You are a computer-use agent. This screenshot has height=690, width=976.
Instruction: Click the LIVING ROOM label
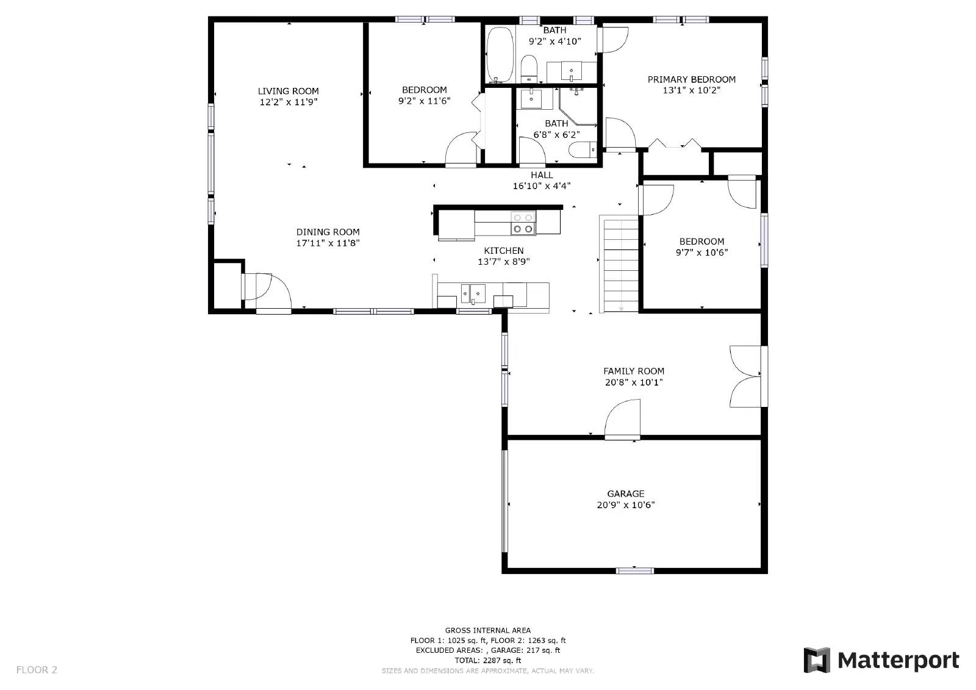point(288,91)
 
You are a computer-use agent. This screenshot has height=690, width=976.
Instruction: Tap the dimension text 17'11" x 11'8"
point(328,243)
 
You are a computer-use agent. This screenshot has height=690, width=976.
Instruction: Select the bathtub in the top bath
point(501,55)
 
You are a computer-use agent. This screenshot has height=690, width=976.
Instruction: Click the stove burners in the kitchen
point(523,223)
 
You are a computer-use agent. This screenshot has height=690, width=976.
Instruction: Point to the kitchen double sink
point(473,293)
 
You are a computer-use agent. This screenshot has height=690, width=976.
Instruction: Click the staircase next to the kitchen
point(620,264)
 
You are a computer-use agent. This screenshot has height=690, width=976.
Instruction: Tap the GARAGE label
point(625,494)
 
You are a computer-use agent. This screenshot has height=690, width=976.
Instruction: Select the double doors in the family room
point(745,376)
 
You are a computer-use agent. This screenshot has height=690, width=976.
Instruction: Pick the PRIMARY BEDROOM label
point(691,79)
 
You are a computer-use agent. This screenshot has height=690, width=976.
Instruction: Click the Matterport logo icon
point(816,660)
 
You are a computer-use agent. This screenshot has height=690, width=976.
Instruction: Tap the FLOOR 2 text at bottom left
point(37,670)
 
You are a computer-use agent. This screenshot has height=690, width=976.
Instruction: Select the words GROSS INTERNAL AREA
point(487,630)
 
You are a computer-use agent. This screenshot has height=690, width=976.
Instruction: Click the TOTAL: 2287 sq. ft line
point(487,660)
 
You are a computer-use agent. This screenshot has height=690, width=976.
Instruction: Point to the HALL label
point(541,175)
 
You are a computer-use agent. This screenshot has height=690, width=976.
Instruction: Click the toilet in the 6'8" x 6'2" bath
point(583,149)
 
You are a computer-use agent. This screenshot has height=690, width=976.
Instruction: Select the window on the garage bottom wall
point(634,571)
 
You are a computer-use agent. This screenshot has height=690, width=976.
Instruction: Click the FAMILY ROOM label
point(633,371)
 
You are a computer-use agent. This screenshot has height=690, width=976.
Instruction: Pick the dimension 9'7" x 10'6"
point(701,253)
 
